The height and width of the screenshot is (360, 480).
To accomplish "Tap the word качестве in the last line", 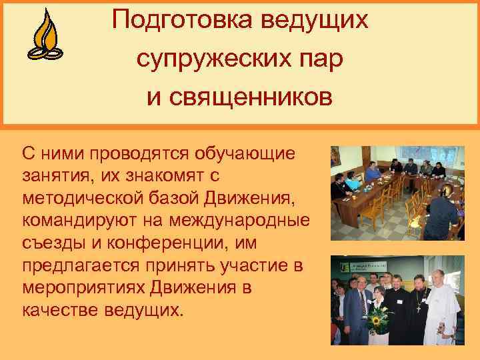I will (61, 310).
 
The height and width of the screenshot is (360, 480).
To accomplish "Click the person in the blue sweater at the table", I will (341, 183).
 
